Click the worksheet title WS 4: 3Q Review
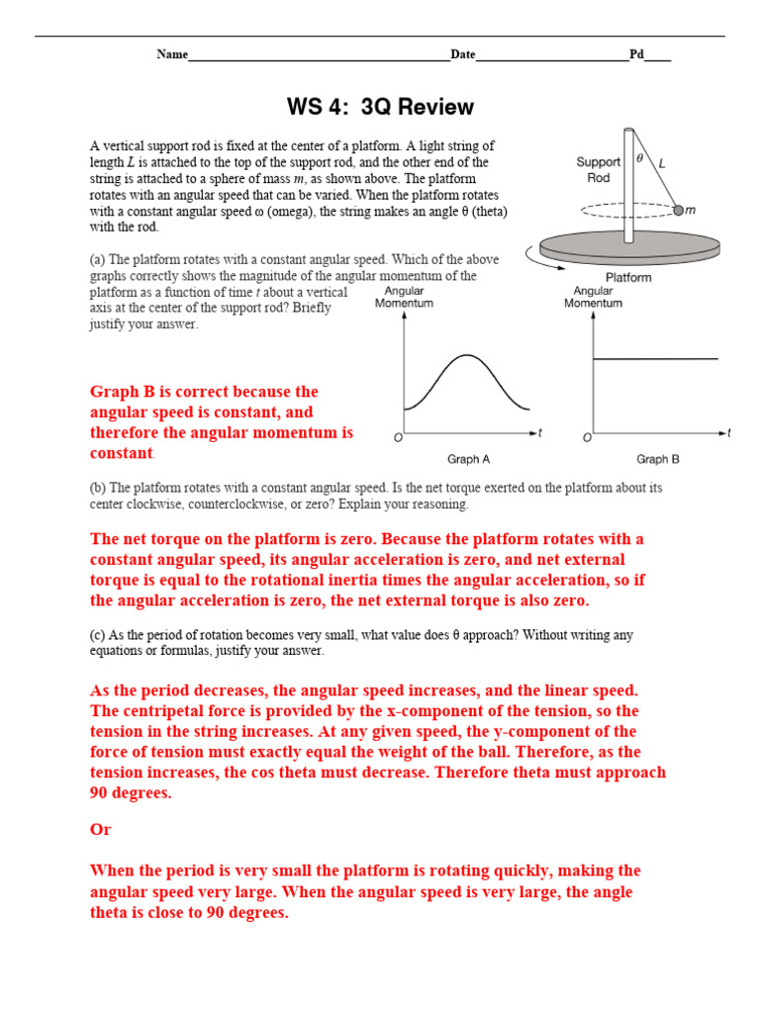[x=380, y=107]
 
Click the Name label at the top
[x=172, y=54]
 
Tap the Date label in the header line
[x=463, y=54]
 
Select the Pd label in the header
[x=636, y=54]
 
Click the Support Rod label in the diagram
[x=598, y=169]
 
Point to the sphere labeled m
[x=679, y=210]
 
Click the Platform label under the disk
[x=628, y=277]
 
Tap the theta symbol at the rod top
[x=639, y=156]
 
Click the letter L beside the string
[x=662, y=163]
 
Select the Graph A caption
[x=469, y=459]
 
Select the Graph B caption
[x=657, y=459]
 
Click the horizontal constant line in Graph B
[x=655, y=359]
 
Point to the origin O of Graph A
[x=398, y=437]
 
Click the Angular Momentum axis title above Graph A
[x=404, y=298]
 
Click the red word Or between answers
[x=101, y=830]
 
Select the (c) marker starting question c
[x=97, y=635]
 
